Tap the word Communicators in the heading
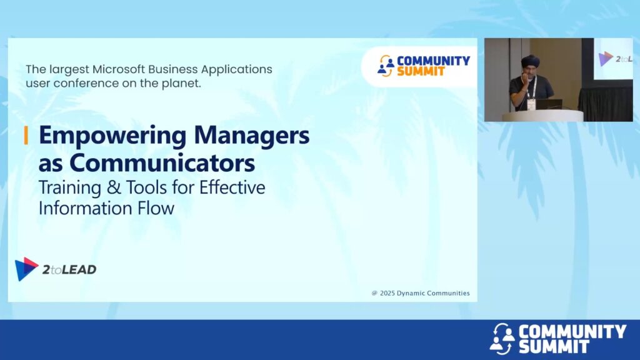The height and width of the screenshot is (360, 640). click(162, 163)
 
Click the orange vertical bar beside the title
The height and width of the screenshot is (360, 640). click(26, 135)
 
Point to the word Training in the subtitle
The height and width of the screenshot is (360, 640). click(70, 188)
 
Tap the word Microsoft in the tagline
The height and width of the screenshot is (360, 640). click(118, 69)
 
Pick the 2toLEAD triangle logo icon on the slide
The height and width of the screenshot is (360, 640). click(26, 269)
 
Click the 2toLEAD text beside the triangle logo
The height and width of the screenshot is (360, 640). click(69, 269)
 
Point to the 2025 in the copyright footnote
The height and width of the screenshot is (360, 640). click(387, 293)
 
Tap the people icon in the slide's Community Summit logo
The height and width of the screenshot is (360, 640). click(386, 66)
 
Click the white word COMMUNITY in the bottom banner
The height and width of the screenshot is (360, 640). click(572, 332)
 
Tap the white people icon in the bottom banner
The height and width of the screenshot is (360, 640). click(502, 338)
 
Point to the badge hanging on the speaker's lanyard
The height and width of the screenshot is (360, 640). click(531, 104)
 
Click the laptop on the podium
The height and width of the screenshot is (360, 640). click(549, 104)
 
